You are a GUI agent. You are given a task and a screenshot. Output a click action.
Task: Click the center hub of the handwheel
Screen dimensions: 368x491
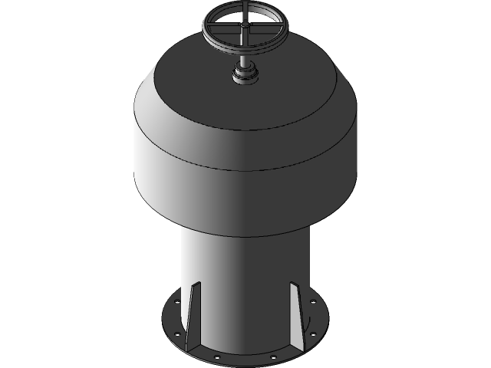pos(245,28)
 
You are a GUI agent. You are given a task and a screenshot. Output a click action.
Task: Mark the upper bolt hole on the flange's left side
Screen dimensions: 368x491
pos(176,301)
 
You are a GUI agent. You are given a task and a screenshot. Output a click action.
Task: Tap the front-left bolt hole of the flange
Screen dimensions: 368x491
pos(217,356)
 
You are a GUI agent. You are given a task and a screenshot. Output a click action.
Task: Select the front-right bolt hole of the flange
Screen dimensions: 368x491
pos(272,356)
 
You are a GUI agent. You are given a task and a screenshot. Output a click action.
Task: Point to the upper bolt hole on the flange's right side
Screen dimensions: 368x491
pos(314,301)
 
